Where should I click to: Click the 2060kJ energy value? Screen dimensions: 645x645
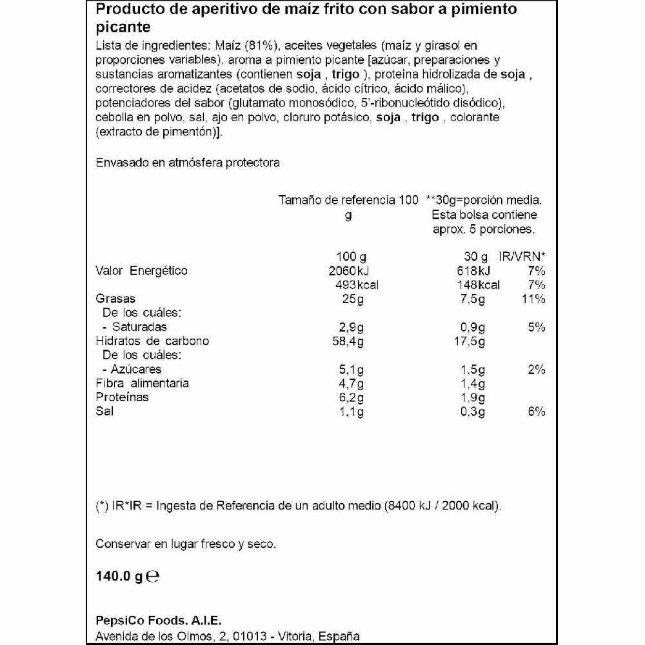tap(348, 271)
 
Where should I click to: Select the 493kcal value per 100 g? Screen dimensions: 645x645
tap(352, 285)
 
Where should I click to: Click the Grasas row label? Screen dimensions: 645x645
tap(115, 299)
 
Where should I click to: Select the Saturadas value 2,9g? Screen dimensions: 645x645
tap(352, 327)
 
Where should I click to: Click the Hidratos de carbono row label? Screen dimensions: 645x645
tap(152, 341)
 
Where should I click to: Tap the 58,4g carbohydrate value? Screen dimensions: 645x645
tap(349, 341)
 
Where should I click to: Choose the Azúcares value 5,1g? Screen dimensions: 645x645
tap(352, 370)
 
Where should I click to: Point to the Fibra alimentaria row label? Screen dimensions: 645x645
tap(142, 384)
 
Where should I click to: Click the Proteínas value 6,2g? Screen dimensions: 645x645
tap(352, 397)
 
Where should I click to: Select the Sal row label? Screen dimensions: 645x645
tap(104, 412)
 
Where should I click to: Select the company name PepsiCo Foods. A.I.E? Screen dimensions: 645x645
tap(158, 621)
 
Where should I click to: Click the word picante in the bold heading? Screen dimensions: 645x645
tap(123, 28)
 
